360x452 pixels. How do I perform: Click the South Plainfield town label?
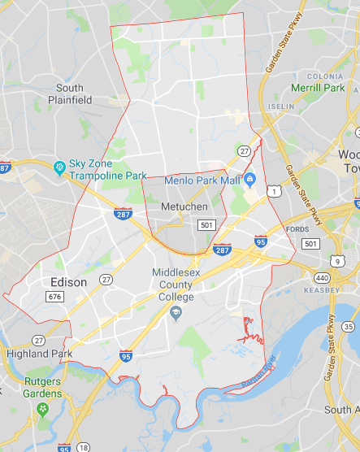[x=69, y=93]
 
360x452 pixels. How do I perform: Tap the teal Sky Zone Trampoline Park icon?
[x=59, y=167]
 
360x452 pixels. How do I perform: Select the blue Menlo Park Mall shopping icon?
[x=250, y=179]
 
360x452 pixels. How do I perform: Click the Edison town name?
[x=67, y=281]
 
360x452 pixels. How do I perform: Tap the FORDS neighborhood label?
[x=298, y=228]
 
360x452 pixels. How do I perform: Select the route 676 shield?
[x=54, y=298]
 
